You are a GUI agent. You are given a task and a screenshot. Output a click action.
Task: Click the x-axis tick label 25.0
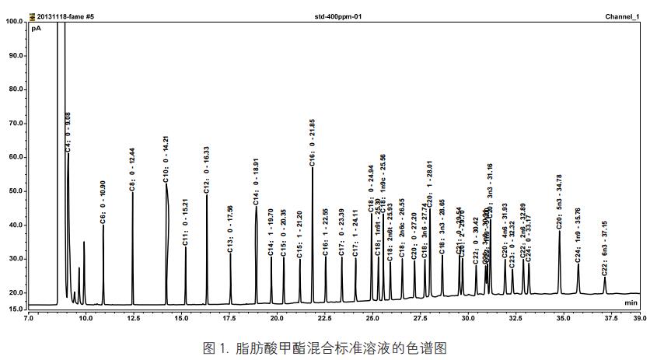coord(372,318)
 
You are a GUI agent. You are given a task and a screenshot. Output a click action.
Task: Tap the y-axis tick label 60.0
coord(15,157)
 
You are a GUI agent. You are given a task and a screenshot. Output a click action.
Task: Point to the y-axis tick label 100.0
coord(13,22)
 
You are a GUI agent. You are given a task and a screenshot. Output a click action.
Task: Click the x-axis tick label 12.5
coord(133,318)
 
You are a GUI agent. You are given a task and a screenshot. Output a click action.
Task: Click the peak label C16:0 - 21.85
coord(313,143)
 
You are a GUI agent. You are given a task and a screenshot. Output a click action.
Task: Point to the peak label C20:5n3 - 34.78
coord(559,203)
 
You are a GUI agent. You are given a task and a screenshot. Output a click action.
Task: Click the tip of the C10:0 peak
coord(166,184)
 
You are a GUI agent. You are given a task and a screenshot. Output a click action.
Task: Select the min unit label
coord(631,302)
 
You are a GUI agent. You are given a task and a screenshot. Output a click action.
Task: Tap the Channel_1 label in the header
coord(622,16)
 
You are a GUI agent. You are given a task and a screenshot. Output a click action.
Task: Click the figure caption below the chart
coord(325,348)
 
